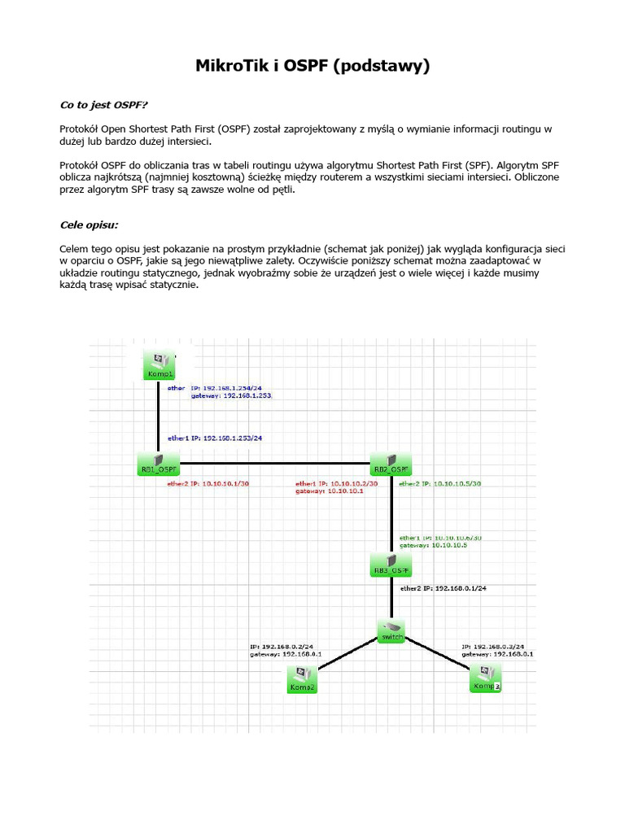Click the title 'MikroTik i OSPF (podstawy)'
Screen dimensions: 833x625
[312, 66]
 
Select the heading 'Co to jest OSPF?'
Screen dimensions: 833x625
[104, 104]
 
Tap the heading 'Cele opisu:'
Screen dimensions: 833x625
[89, 225]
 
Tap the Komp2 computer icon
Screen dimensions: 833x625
[302, 678]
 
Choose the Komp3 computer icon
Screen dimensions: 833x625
[486, 678]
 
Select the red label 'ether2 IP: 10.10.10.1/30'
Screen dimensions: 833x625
[208, 484]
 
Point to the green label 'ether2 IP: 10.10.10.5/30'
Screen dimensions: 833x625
[439, 484]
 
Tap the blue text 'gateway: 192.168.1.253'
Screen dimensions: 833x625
[231, 395]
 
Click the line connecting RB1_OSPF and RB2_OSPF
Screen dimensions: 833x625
[273, 464]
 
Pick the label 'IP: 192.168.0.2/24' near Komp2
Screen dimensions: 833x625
[282, 647]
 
